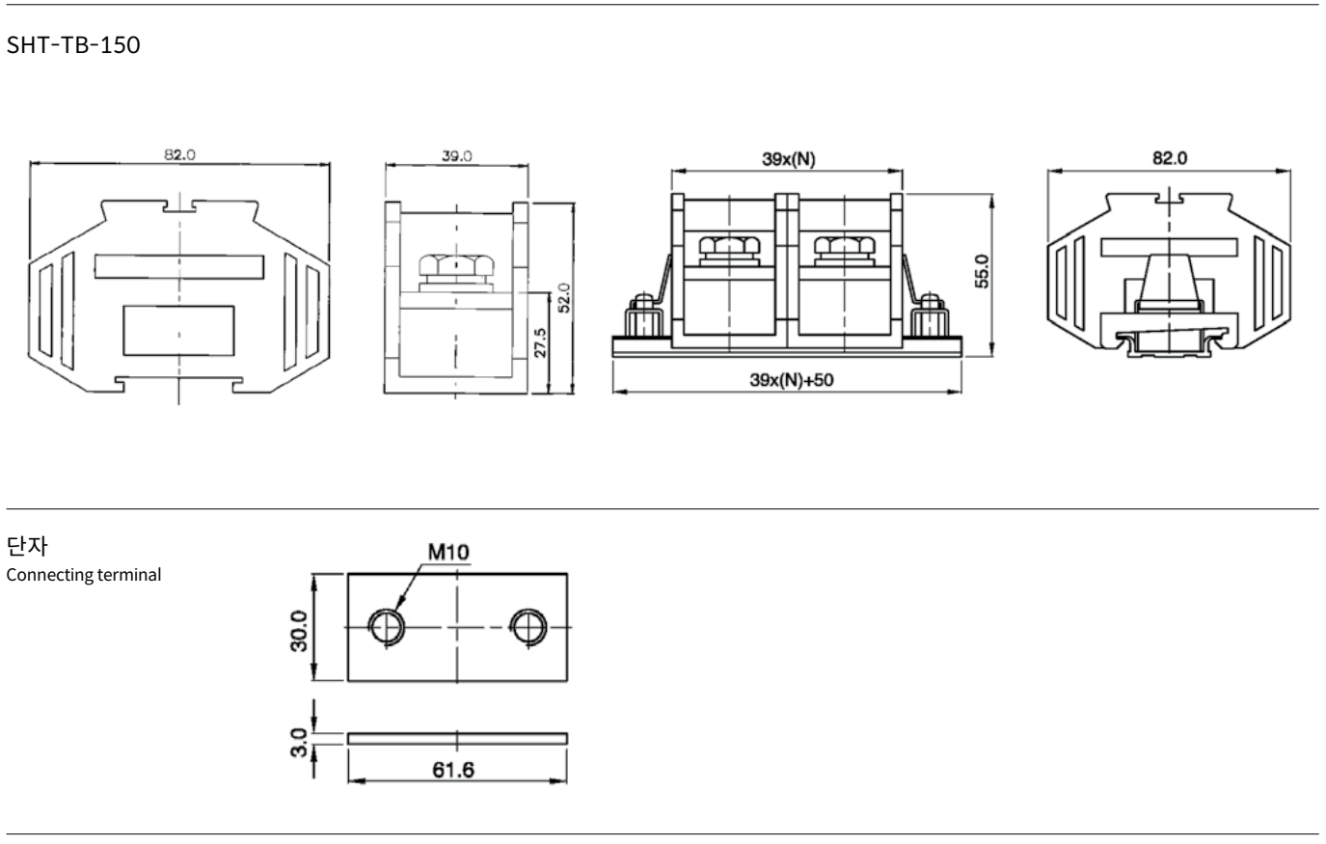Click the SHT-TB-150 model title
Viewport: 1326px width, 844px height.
(73, 45)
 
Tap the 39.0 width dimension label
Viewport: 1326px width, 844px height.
(456, 155)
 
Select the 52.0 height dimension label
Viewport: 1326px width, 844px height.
(564, 297)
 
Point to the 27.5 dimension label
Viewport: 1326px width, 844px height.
(540, 343)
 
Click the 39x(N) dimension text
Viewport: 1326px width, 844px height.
(788, 159)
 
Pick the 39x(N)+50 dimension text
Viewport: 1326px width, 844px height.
(792, 380)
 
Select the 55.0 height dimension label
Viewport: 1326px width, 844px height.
(982, 271)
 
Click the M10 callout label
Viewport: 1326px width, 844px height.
(448, 552)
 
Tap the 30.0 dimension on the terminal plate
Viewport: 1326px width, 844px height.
(299, 632)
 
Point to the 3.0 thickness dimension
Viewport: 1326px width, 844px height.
(299, 743)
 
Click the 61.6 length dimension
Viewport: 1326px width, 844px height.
(453, 770)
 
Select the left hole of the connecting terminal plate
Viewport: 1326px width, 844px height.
(387, 627)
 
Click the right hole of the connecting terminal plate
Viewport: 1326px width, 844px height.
(528, 627)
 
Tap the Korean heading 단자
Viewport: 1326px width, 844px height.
(27, 546)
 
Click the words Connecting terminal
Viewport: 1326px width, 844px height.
(84, 575)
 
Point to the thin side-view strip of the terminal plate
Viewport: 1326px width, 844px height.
(457, 739)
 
